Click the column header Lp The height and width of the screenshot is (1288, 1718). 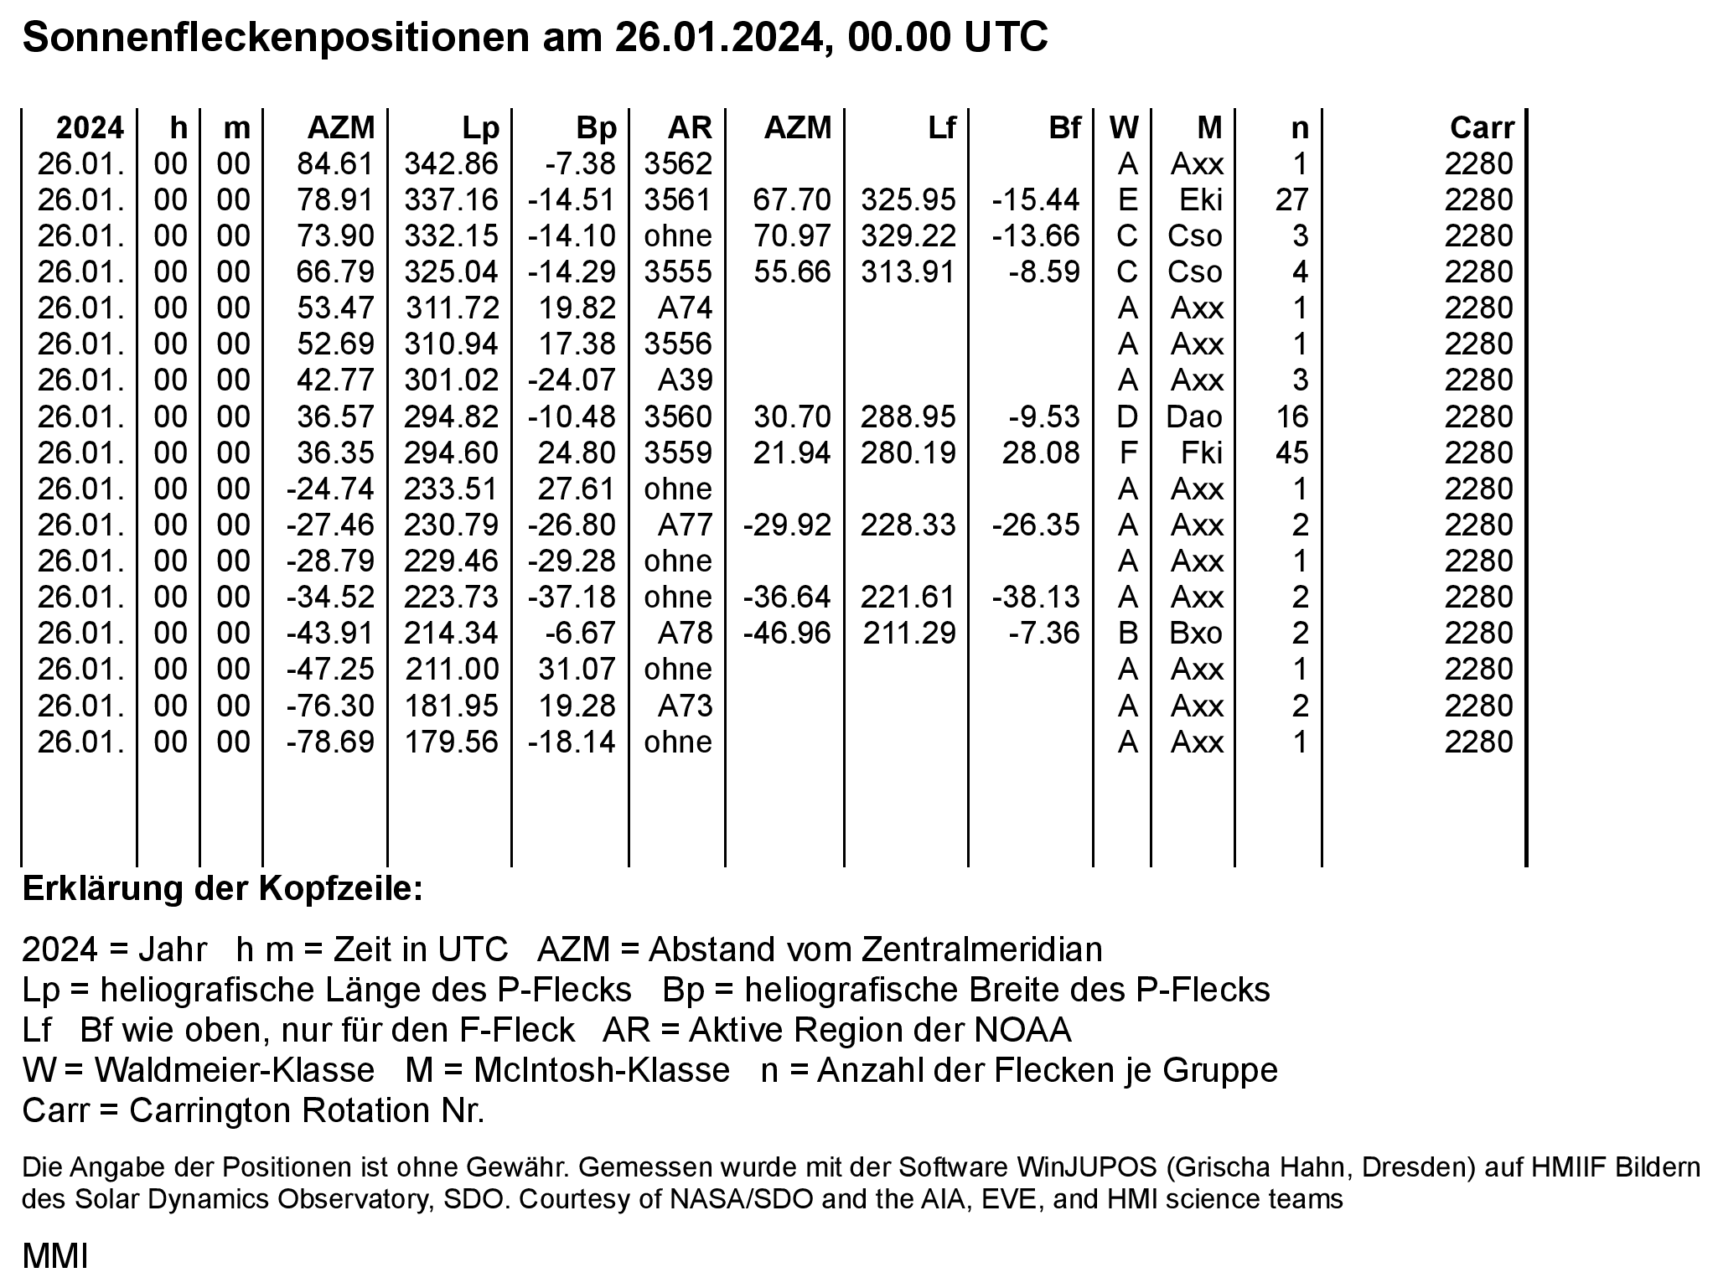[480, 128]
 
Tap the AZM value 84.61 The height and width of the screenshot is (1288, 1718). [335, 164]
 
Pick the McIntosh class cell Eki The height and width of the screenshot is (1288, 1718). [1201, 200]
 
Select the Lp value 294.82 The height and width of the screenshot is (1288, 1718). [451, 417]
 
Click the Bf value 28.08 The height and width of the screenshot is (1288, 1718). [1040, 453]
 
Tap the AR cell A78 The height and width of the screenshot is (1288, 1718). [685, 634]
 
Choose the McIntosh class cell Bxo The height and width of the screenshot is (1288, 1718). [1196, 634]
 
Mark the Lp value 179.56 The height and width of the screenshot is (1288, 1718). [451, 742]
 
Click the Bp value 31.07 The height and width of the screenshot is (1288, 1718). [577, 670]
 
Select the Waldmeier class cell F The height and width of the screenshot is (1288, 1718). [1127, 453]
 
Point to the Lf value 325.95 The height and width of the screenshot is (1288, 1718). [908, 200]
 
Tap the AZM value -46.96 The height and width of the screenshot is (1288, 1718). [787, 634]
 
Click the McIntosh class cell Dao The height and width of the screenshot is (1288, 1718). [1194, 417]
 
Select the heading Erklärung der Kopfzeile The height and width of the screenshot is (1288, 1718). [222, 889]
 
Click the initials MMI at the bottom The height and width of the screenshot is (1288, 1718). [54, 1257]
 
